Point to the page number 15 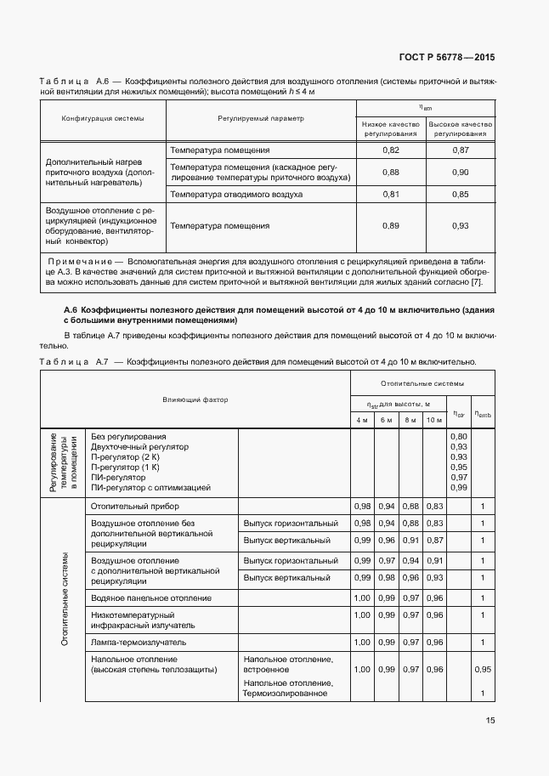pos(490,720)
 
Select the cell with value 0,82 pos(391,150)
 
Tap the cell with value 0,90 pos(460,173)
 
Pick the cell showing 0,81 pos(391,195)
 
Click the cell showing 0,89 pos(391,225)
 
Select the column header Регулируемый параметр pos(260,117)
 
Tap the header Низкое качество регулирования pos(391,128)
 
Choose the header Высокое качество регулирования pos(460,128)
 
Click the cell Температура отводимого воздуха pos(236,195)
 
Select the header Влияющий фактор pos(195,399)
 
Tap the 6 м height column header pos(386,420)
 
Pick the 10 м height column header pos(434,420)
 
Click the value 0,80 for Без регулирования pos(458,436)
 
